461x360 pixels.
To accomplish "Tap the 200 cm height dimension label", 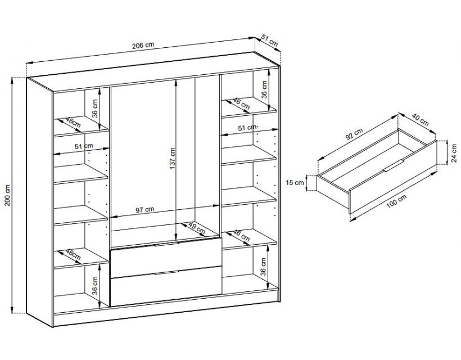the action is click(x=8, y=195).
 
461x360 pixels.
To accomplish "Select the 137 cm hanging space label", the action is click(x=173, y=158).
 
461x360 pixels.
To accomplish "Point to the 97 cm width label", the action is click(x=144, y=210).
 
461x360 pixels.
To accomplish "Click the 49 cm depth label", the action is click(x=196, y=228).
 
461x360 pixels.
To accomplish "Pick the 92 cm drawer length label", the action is click(x=354, y=134).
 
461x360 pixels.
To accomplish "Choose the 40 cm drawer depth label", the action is click(x=420, y=119).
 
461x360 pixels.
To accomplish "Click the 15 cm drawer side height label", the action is click(x=295, y=183).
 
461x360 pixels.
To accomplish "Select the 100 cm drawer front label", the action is click(x=396, y=201).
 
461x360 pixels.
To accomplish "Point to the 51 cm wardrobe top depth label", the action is click(x=269, y=41).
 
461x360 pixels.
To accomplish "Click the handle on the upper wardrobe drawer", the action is click(x=166, y=244).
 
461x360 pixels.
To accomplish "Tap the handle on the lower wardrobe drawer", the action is click(x=167, y=272).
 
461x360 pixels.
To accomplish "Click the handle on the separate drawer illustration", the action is click(x=394, y=166).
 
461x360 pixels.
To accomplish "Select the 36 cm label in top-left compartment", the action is click(x=94, y=109).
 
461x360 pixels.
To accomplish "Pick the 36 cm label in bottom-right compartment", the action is click(x=263, y=267).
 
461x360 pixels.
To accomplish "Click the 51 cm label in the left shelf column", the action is click(x=84, y=146).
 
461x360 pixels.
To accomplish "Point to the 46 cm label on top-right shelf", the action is click(x=241, y=104).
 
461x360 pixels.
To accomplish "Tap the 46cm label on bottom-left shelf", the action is click(x=73, y=255).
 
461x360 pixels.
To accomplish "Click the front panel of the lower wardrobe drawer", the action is click(x=166, y=286).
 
